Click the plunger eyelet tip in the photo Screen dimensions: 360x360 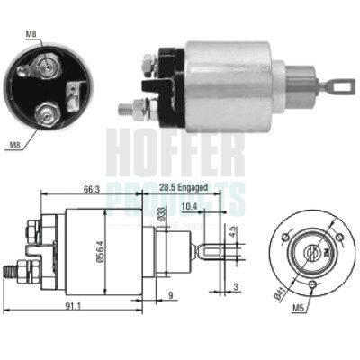[x=339, y=86]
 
